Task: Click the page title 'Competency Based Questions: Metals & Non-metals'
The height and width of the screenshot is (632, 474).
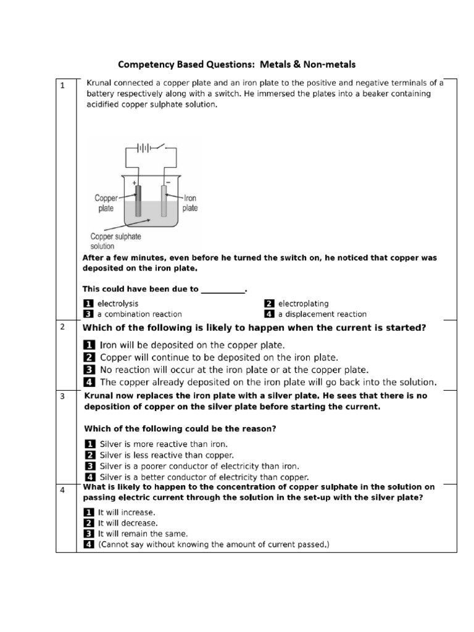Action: (x=236, y=64)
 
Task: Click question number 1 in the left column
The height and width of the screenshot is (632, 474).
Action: (x=62, y=86)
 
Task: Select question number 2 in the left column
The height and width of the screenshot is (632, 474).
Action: (x=62, y=326)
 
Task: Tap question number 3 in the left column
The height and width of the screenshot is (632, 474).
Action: (x=62, y=396)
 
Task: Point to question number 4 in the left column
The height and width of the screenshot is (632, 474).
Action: (x=62, y=490)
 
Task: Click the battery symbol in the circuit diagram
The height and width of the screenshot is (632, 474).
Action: (x=144, y=148)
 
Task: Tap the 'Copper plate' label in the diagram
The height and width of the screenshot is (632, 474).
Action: (x=106, y=203)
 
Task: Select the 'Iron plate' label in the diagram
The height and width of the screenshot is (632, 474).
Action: (x=189, y=203)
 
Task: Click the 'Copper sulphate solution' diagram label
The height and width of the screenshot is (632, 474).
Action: (x=115, y=241)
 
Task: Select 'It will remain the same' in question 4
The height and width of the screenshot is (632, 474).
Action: (x=143, y=533)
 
